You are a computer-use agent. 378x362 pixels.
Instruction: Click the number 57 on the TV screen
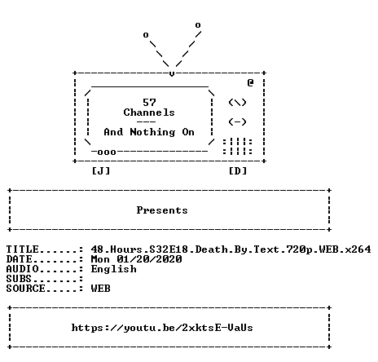[x=149, y=103]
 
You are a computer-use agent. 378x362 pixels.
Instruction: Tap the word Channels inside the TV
[x=149, y=113]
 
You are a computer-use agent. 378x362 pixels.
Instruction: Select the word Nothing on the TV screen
[x=152, y=132]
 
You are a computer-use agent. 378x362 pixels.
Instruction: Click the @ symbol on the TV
[x=250, y=82]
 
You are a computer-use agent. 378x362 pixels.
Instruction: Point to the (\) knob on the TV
[x=237, y=103]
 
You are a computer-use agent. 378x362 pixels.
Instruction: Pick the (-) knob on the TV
[x=237, y=121]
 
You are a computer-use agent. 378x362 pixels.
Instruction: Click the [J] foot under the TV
[x=101, y=171]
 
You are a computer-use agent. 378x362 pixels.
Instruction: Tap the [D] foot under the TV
[x=238, y=171]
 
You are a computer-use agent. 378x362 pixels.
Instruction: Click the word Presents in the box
[x=162, y=210]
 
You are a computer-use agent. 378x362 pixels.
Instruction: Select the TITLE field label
[x=23, y=249]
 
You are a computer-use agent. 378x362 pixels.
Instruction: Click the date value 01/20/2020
[x=149, y=259]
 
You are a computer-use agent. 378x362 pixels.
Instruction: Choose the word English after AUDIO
[x=113, y=269]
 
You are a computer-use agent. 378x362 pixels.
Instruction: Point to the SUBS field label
[x=19, y=279]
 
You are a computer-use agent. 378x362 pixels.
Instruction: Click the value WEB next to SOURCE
[x=101, y=289]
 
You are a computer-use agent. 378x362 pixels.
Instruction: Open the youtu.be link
[x=162, y=328]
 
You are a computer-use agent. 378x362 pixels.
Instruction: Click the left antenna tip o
[x=146, y=35]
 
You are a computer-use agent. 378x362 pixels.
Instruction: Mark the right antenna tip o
[x=198, y=25]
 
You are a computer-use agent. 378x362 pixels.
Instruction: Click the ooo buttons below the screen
[x=107, y=152]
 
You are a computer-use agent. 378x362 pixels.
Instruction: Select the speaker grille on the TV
[x=238, y=146]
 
